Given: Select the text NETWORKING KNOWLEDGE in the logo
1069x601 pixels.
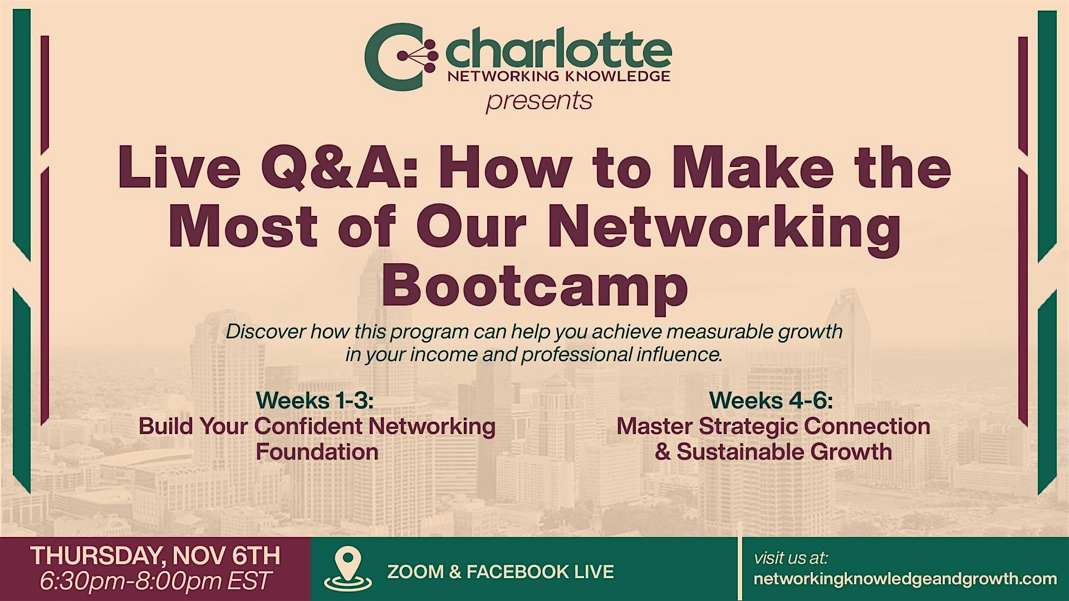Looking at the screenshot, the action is [x=559, y=77].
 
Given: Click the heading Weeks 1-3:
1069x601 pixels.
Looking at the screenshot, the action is [x=315, y=400].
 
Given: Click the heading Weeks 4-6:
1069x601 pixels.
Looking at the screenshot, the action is [x=771, y=400].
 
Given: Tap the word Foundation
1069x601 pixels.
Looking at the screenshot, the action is [x=317, y=451].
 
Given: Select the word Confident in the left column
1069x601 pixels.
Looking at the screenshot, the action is [x=309, y=426].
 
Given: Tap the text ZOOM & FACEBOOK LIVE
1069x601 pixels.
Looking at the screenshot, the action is [x=501, y=572].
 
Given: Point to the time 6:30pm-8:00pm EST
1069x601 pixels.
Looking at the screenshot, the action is [x=155, y=581].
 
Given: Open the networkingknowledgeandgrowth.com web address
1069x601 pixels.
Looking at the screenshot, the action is [x=905, y=579].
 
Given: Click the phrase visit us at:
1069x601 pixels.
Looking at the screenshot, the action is [x=791, y=558].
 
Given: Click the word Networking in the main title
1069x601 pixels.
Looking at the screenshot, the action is [x=724, y=228].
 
